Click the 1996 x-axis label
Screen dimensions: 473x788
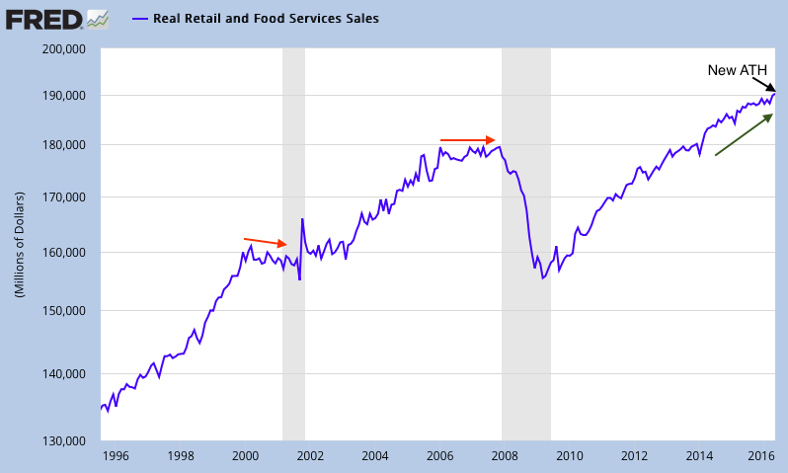coord(116,456)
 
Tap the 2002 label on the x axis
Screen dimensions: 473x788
coord(310,456)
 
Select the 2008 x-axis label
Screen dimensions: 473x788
coord(505,456)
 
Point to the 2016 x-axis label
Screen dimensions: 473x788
coord(760,456)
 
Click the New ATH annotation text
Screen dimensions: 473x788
coord(737,70)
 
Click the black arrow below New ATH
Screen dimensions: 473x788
coord(764,85)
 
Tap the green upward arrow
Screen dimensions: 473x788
coord(744,134)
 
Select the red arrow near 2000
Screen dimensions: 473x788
coord(266,242)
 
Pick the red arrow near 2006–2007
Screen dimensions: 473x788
coord(467,140)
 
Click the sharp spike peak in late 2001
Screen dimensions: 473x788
coord(302,218)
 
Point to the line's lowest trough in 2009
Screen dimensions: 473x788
coord(542,278)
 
